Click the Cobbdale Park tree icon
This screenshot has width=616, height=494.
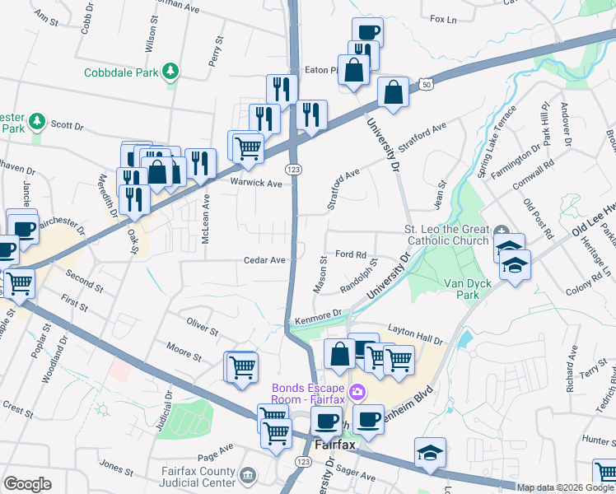(170, 72)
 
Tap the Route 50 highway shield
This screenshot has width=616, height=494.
(425, 84)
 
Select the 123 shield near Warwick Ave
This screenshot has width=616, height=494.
(292, 169)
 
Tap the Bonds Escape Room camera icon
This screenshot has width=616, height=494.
(357, 389)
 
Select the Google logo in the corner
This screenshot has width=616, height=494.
(27, 484)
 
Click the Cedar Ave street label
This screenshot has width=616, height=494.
(264, 260)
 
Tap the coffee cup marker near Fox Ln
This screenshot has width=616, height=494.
(367, 32)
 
